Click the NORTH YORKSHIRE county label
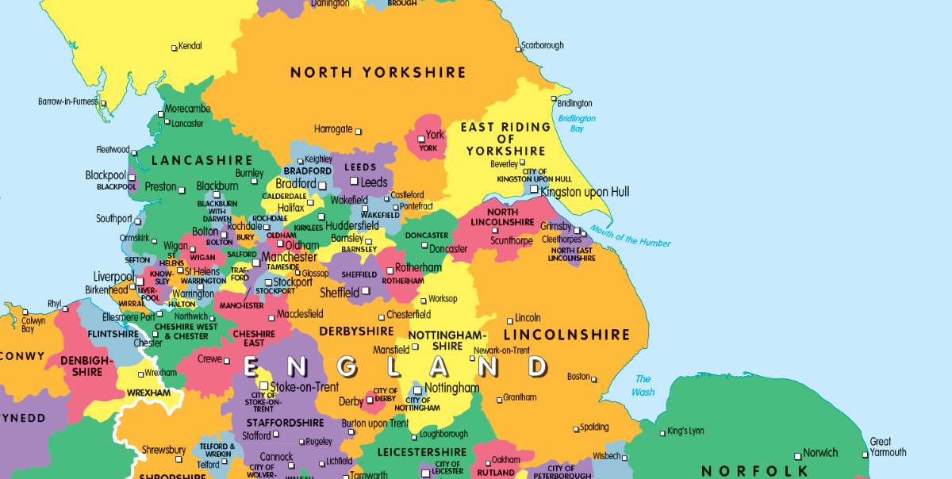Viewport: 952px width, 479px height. (x=378, y=73)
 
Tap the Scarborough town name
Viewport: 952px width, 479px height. (x=542, y=45)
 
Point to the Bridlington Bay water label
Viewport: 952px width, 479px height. (x=577, y=124)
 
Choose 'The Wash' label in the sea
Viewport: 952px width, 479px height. (x=643, y=385)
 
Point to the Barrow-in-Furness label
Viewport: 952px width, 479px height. (x=67, y=102)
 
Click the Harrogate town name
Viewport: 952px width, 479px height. (x=333, y=128)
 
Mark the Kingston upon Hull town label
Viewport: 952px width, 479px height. (x=585, y=192)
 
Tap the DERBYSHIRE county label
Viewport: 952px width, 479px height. (x=356, y=331)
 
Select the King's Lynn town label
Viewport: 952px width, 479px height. (x=685, y=431)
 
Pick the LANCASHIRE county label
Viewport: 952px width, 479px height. (x=202, y=161)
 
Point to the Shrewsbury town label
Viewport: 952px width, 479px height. (x=163, y=450)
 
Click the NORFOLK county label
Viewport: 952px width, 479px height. (x=754, y=471)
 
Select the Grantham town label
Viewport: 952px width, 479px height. (x=520, y=397)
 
